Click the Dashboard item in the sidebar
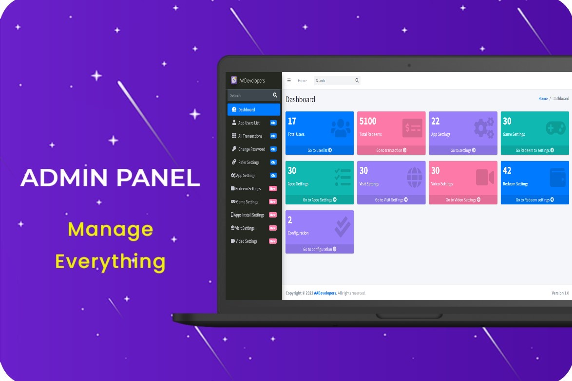click(x=247, y=109)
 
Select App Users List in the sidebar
click(x=248, y=123)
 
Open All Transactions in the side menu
click(x=250, y=136)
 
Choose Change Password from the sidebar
click(x=251, y=149)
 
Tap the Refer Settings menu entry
click(x=248, y=162)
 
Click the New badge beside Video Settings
click(x=273, y=241)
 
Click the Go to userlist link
click(x=320, y=150)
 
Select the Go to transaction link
click(x=391, y=150)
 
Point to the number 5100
click(x=368, y=121)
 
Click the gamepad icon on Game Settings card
click(x=555, y=128)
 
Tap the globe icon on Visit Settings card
click(x=414, y=177)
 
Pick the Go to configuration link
click(x=320, y=249)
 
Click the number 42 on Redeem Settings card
click(x=507, y=171)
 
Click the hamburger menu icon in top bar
click(x=289, y=80)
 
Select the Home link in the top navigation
click(x=302, y=81)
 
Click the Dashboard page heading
click(x=300, y=99)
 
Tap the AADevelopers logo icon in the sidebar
click(x=234, y=80)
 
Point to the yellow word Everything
click(x=110, y=262)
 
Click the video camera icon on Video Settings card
click(x=485, y=177)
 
